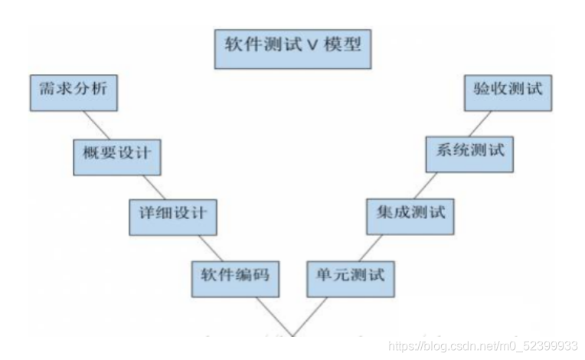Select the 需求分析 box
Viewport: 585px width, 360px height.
pyautogui.click(x=74, y=92)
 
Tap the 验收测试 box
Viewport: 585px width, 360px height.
pyautogui.click(x=509, y=92)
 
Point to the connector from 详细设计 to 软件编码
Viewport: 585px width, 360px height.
pyautogui.click(x=212, y=247)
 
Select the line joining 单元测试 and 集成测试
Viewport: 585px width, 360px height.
pyautogui.click(x=372, y=247)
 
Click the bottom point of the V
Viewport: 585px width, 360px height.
pyautogui.click(x=291, y=335)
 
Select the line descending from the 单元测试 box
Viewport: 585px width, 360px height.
pyautogui.click(x=310, y=314)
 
